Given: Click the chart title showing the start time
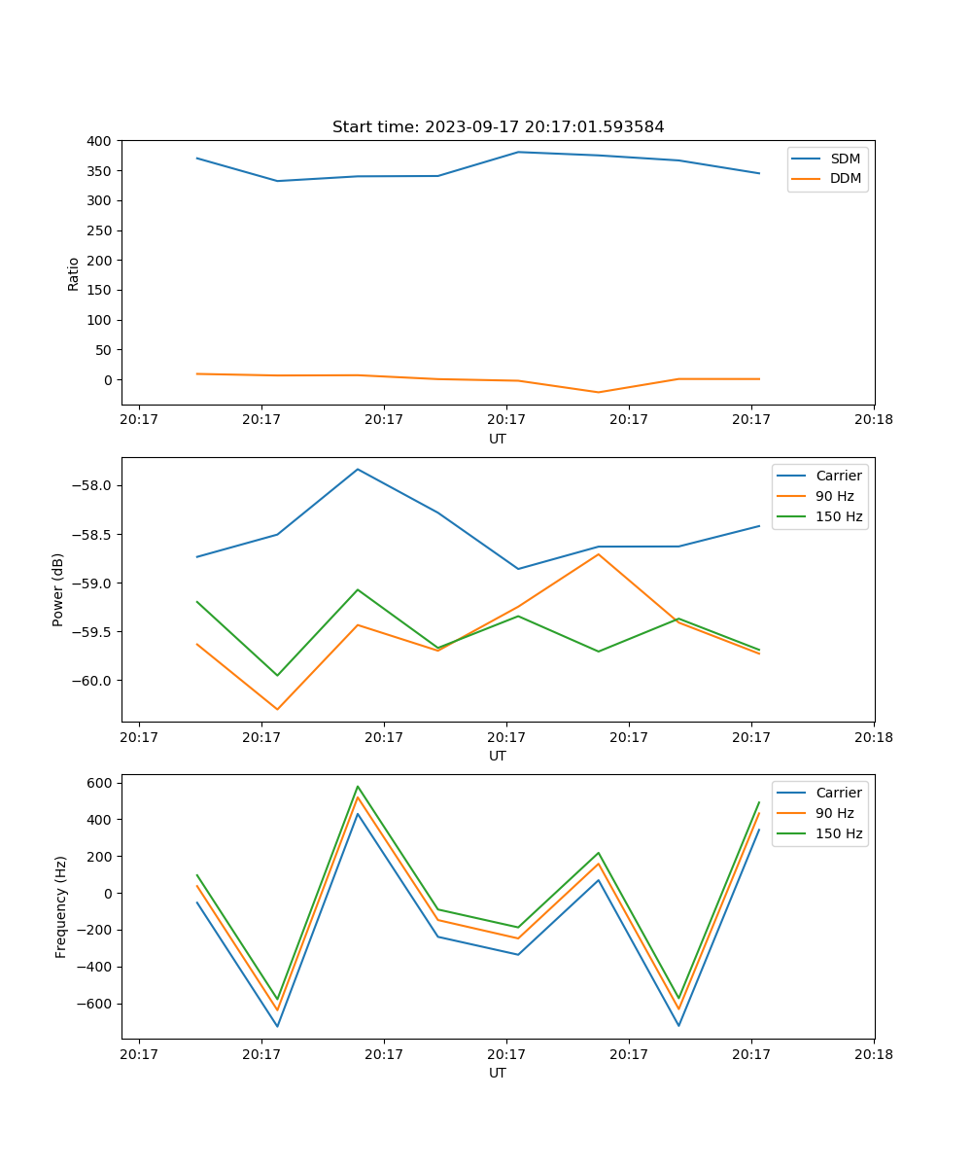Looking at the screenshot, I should click(x=498, y=127).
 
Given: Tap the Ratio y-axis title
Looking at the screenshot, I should click(x=74, y=273).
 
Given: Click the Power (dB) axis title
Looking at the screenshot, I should click(x=58, y=589).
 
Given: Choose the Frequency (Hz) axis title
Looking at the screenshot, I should click(x=60, y=906).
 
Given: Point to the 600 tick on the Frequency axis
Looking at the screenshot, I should click(x=102, y=783).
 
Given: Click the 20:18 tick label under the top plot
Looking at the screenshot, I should click(x=873, y=419).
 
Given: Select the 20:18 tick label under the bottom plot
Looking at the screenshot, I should click(x=873, y=1053).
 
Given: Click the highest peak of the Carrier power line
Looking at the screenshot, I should click(x=358, y=470).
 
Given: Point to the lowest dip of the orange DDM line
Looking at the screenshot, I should click(x=598, y=392).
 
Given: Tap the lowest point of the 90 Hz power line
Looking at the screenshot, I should click(x=277, y=709).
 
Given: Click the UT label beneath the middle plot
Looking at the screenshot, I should click(x=498, y=756).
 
